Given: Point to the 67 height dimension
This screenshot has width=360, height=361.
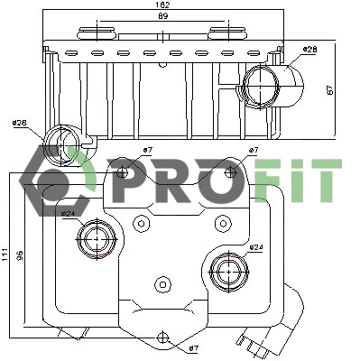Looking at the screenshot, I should click(x=331, y=89).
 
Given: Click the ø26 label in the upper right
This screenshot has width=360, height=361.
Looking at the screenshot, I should click(x=309, y=49).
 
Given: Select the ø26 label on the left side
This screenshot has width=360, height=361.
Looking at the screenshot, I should click(x=20, y=123).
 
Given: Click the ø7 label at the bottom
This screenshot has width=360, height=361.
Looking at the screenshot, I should click(x=193, y=348).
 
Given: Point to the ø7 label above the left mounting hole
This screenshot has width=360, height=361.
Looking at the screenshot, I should click(x=147, y=149).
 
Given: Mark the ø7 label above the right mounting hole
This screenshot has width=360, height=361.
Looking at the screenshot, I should click(x=254, y=150).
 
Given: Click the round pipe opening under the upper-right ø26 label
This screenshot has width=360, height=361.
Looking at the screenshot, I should click(x=263, y=85).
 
